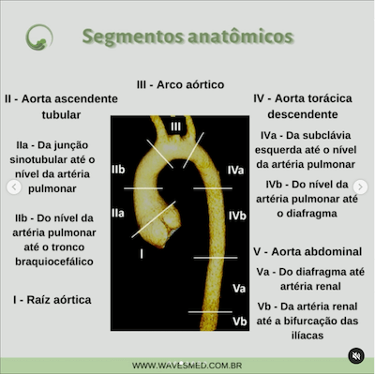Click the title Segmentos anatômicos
click(x=187, y=37)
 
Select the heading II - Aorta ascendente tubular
click(x=61, y=106)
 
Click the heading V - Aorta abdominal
click(x=307, y=252)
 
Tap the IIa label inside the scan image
click(x=119, y=215)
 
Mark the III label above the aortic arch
click(x=176, y=127)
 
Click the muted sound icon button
click(x=354, y=355)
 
